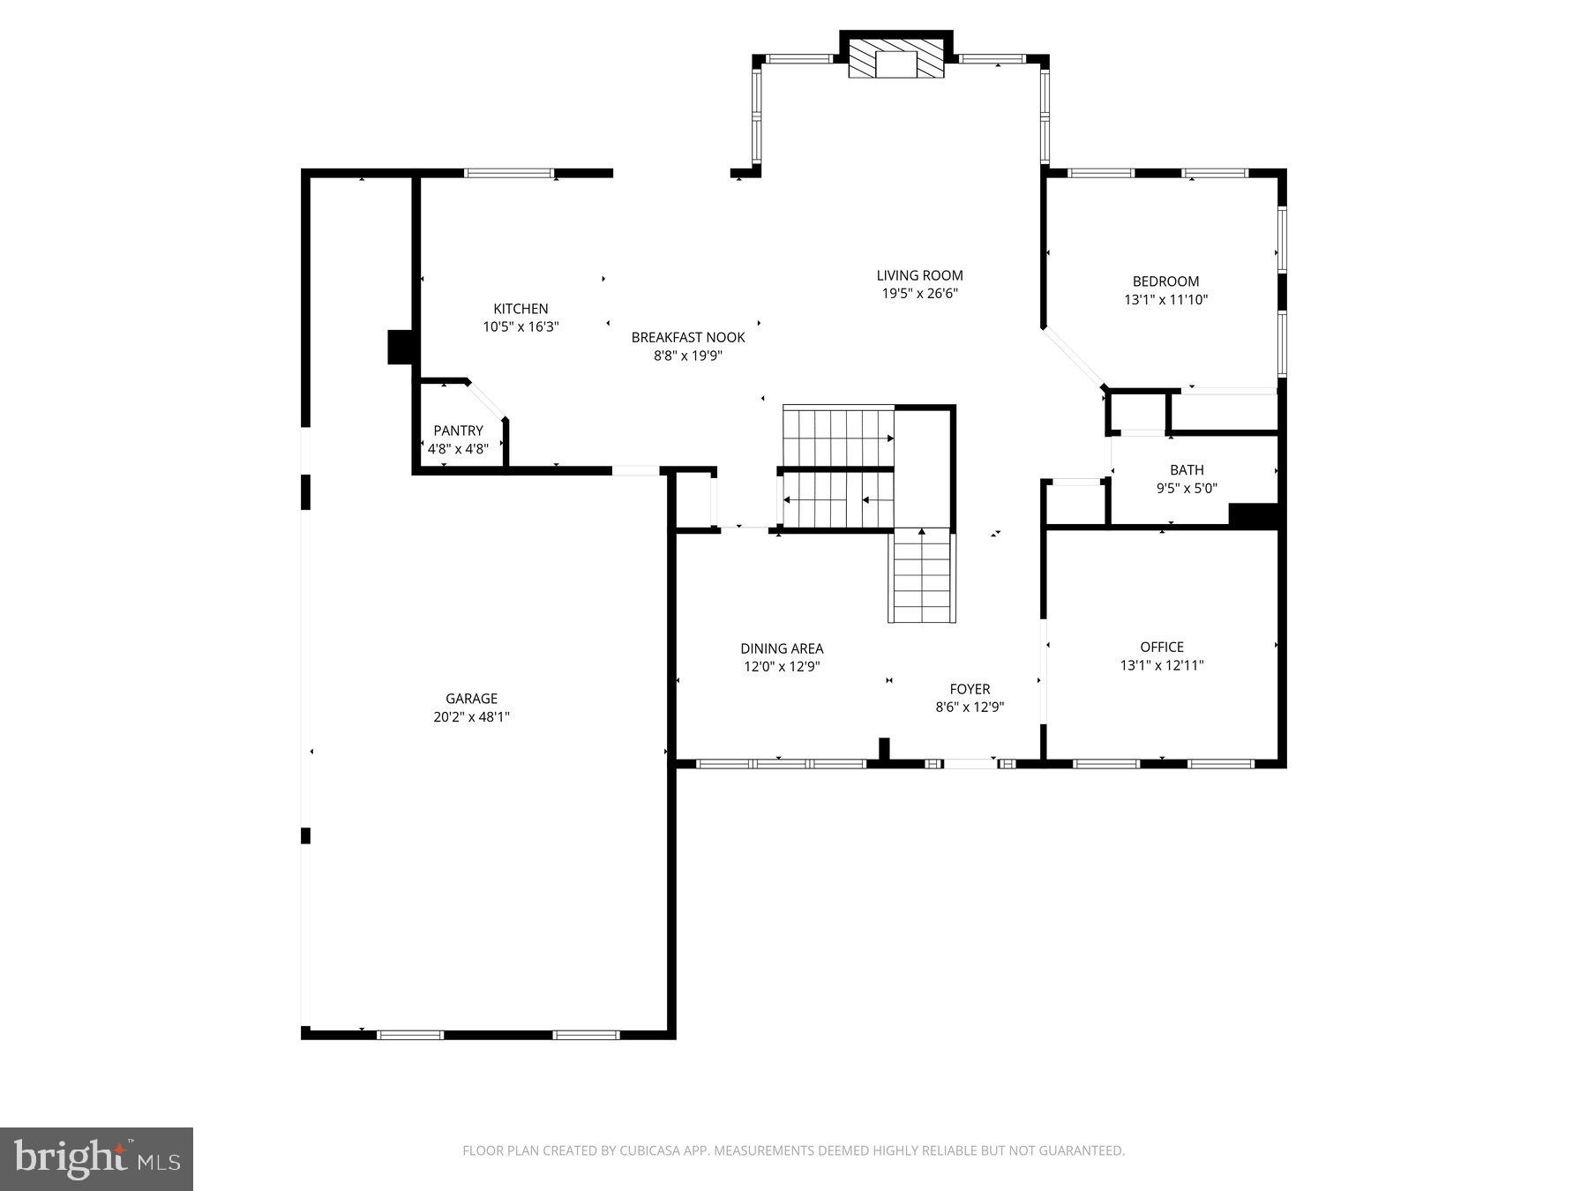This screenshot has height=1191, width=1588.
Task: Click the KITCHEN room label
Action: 521,309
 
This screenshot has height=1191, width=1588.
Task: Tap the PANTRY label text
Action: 458,431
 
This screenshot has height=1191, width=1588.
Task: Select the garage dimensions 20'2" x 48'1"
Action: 471,717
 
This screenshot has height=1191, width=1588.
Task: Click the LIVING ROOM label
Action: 919,275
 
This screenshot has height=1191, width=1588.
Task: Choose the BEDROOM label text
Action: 1165,281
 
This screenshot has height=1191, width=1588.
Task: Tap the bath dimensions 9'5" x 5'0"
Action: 1187,488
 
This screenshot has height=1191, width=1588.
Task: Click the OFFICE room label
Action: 1161,647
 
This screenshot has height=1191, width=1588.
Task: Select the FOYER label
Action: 970,689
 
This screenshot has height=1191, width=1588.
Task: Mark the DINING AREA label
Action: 782,648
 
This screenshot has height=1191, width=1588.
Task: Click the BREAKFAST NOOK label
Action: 688,337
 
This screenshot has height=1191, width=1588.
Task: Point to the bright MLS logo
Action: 96,1158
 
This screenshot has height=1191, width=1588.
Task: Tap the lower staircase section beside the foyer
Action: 923,577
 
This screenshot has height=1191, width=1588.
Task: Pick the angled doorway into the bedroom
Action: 1073,358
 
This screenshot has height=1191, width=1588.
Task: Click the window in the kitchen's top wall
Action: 509,173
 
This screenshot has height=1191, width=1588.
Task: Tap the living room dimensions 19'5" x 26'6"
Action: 919,294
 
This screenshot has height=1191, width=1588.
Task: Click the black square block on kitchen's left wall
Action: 401,347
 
